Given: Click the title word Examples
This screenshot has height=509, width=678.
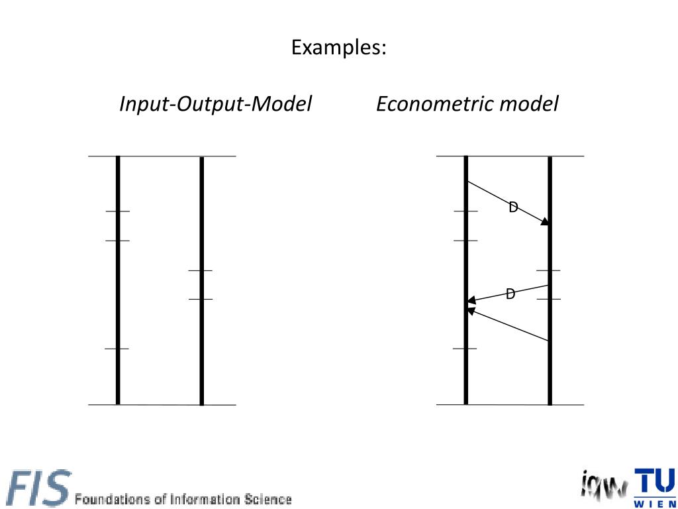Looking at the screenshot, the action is click(338, 47).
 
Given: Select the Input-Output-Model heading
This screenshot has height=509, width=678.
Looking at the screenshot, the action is click(216, 104).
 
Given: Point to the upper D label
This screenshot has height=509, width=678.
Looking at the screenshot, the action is click(513, 207).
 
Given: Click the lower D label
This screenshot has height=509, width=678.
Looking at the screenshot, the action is click(510, 294).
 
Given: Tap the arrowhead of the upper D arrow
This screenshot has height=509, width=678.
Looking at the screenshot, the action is click(545, 221).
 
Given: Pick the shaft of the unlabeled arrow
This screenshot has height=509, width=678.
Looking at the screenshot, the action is click(508, 325).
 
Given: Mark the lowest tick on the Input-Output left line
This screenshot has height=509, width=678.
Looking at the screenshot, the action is click(117, 349).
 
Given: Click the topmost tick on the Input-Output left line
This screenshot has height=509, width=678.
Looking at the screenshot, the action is click(118, 211).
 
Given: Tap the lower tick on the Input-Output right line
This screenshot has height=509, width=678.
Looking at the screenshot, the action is click(201, 299).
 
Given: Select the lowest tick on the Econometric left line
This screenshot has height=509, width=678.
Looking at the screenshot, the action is click(465, 349).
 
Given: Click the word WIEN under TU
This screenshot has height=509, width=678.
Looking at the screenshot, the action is click(655, 504).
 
